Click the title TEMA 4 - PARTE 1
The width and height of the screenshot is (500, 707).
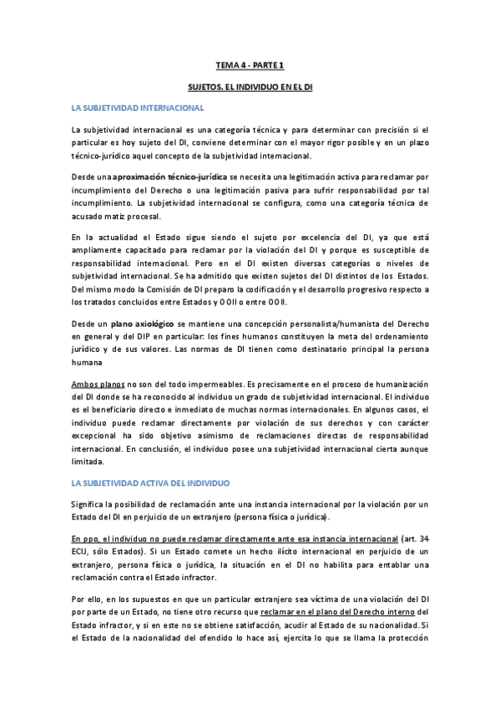[250, 63]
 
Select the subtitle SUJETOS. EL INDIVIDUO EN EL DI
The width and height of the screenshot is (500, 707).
[250, 86]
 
